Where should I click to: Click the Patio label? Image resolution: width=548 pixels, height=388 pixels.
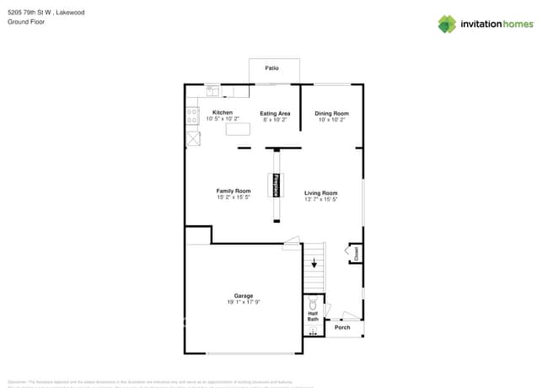point(272,67)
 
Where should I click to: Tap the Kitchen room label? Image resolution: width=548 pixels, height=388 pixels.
point(223,112)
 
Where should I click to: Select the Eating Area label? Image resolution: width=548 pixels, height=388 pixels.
point(275,113)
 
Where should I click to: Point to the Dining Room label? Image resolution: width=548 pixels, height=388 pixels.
point(331,113)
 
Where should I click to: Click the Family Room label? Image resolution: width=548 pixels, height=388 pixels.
point(234,191)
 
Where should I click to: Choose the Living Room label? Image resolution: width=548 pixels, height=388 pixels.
point(320,193)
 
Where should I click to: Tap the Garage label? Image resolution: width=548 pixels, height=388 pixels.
point(244,295)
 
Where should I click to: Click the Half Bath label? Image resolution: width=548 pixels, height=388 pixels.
point(313,316)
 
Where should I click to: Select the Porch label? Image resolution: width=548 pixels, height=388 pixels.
point(342,327)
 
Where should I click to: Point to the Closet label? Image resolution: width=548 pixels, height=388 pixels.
point(357,252)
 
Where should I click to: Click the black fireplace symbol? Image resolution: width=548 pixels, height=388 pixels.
point(275,185)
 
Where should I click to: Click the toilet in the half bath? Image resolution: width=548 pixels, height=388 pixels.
point(314,302)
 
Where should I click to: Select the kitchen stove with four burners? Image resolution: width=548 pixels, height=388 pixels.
point(192,117)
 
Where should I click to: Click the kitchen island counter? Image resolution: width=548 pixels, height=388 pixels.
point(238,129)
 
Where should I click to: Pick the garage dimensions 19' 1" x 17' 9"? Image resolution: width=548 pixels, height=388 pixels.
point(244,302)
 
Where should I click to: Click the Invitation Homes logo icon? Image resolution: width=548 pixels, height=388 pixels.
point(447,24)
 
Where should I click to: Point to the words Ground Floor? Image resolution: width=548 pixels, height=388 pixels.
point(26,22)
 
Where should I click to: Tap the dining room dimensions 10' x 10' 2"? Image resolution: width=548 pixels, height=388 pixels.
point(331,120)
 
